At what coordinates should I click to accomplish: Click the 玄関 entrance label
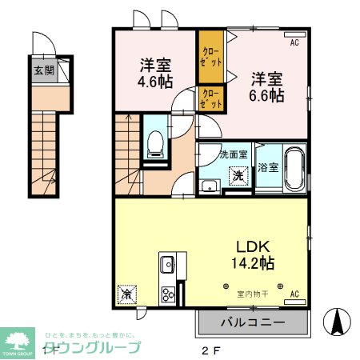coord(43,70)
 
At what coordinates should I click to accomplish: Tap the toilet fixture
coord(156,144)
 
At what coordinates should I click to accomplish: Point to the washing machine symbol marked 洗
coord(238,175)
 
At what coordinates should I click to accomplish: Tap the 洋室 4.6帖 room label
coord(153,74)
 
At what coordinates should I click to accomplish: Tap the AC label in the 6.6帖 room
coord(294,42)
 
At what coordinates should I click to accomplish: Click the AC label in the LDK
coord(294,294)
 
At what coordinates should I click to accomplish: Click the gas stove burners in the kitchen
coord(169,293)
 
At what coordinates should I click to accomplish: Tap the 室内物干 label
coord(253,294)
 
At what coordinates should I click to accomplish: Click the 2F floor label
coord(210,350)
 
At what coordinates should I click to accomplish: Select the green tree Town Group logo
coord(18,341)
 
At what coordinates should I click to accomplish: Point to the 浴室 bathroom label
coord(267,167)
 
